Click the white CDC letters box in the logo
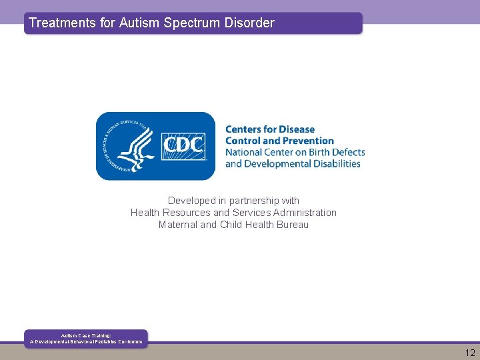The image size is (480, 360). click(183, 145)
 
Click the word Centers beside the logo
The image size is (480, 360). click(244, 129)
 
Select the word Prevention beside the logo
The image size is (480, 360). click(308, 141)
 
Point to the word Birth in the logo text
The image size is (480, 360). click(319, 152)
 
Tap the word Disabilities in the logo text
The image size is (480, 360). click(336, 163)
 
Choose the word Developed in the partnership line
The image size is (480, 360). click(191, 201)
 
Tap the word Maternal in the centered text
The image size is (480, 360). click(178, 225)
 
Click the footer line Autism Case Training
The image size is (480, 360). click(86, 335)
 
